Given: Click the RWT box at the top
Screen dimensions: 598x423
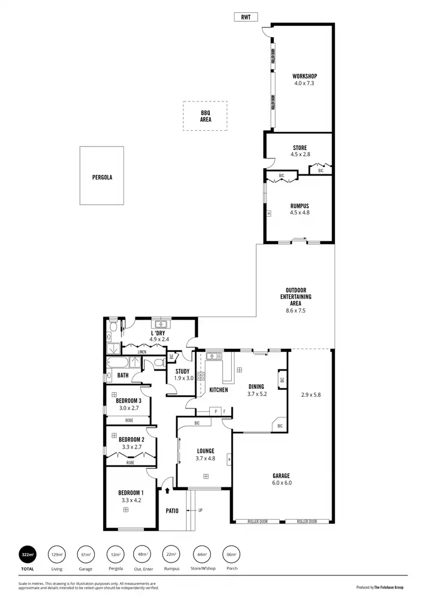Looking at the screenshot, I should [246, 17].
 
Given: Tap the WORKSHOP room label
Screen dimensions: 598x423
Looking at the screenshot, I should [304, 76].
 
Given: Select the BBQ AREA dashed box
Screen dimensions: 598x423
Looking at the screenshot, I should [205, 116].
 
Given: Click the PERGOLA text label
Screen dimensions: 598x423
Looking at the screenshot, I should [102, 177].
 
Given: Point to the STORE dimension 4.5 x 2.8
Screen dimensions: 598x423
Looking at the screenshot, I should [299, 154].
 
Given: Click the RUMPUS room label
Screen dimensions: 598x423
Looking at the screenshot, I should [299, 205].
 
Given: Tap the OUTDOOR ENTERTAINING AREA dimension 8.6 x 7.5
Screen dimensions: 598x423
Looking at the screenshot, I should [296, 310].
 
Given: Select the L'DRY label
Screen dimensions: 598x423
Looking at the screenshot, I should [157, 333].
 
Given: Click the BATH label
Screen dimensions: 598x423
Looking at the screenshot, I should [123, 375].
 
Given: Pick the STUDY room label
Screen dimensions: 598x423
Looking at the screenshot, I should [182, 371].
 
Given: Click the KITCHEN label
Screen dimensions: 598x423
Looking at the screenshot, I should [218, 390].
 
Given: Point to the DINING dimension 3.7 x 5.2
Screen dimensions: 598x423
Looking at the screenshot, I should [257, 394].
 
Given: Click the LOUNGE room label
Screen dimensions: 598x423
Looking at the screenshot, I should [205, 451].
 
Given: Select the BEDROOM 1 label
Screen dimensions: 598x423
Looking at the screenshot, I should [130, 493].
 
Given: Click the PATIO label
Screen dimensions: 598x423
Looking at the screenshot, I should [171, 511].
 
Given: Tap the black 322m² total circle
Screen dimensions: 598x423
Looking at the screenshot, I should [27, 554].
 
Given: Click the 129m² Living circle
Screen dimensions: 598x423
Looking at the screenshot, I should [57, 554].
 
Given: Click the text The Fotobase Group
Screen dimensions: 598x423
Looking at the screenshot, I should [390, 587].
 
